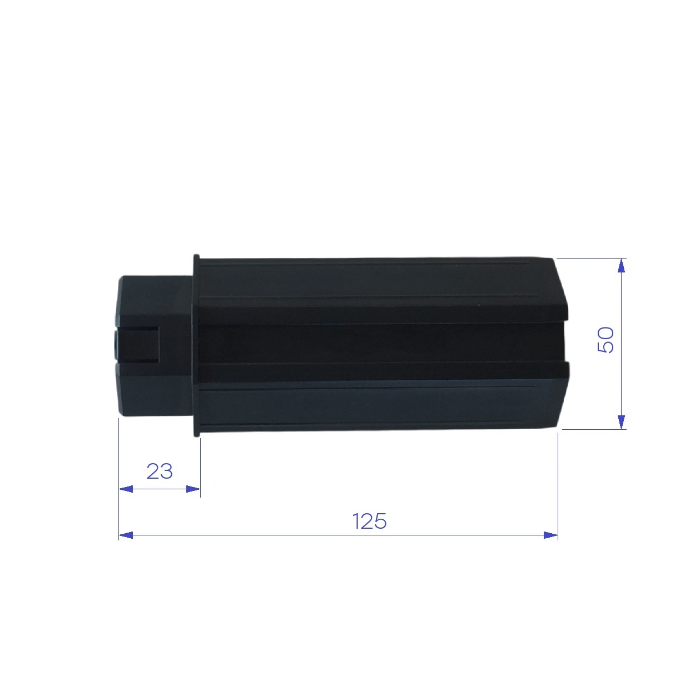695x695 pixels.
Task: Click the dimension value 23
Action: (x=160, y=471)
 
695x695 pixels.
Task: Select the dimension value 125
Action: (x=369, y=522)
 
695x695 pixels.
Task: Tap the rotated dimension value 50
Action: (x=605, y=340)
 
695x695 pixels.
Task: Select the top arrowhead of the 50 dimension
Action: (x=622, y=266)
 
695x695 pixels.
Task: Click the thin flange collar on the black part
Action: (x=196, y=345)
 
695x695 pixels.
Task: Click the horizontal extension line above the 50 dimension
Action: (x=589, y=258)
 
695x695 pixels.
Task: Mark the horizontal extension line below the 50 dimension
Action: (x=592, y=429)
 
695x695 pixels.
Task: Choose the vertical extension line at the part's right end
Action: (x=558, y=484)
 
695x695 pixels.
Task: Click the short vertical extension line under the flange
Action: (x=200, y=467)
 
